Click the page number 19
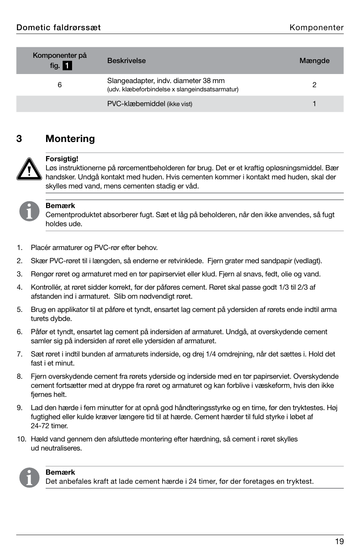[339, 541]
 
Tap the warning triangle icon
[29, 169]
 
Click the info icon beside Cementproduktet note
[29, 211]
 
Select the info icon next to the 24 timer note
[29, 477]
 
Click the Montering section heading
[70, 139]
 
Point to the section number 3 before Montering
[19, 139]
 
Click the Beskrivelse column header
[126, 61]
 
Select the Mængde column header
[314, 61]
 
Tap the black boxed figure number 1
[67, 66]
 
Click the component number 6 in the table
[60, 85]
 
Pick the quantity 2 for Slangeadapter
[314, 85]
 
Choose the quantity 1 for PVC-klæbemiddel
[314, 104]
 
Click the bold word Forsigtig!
[62, 159]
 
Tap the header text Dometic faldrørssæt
[58, 28]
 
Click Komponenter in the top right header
[316, 28]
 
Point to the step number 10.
[22, 439]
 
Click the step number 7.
[20, 354]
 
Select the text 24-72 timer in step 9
[49, 426]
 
